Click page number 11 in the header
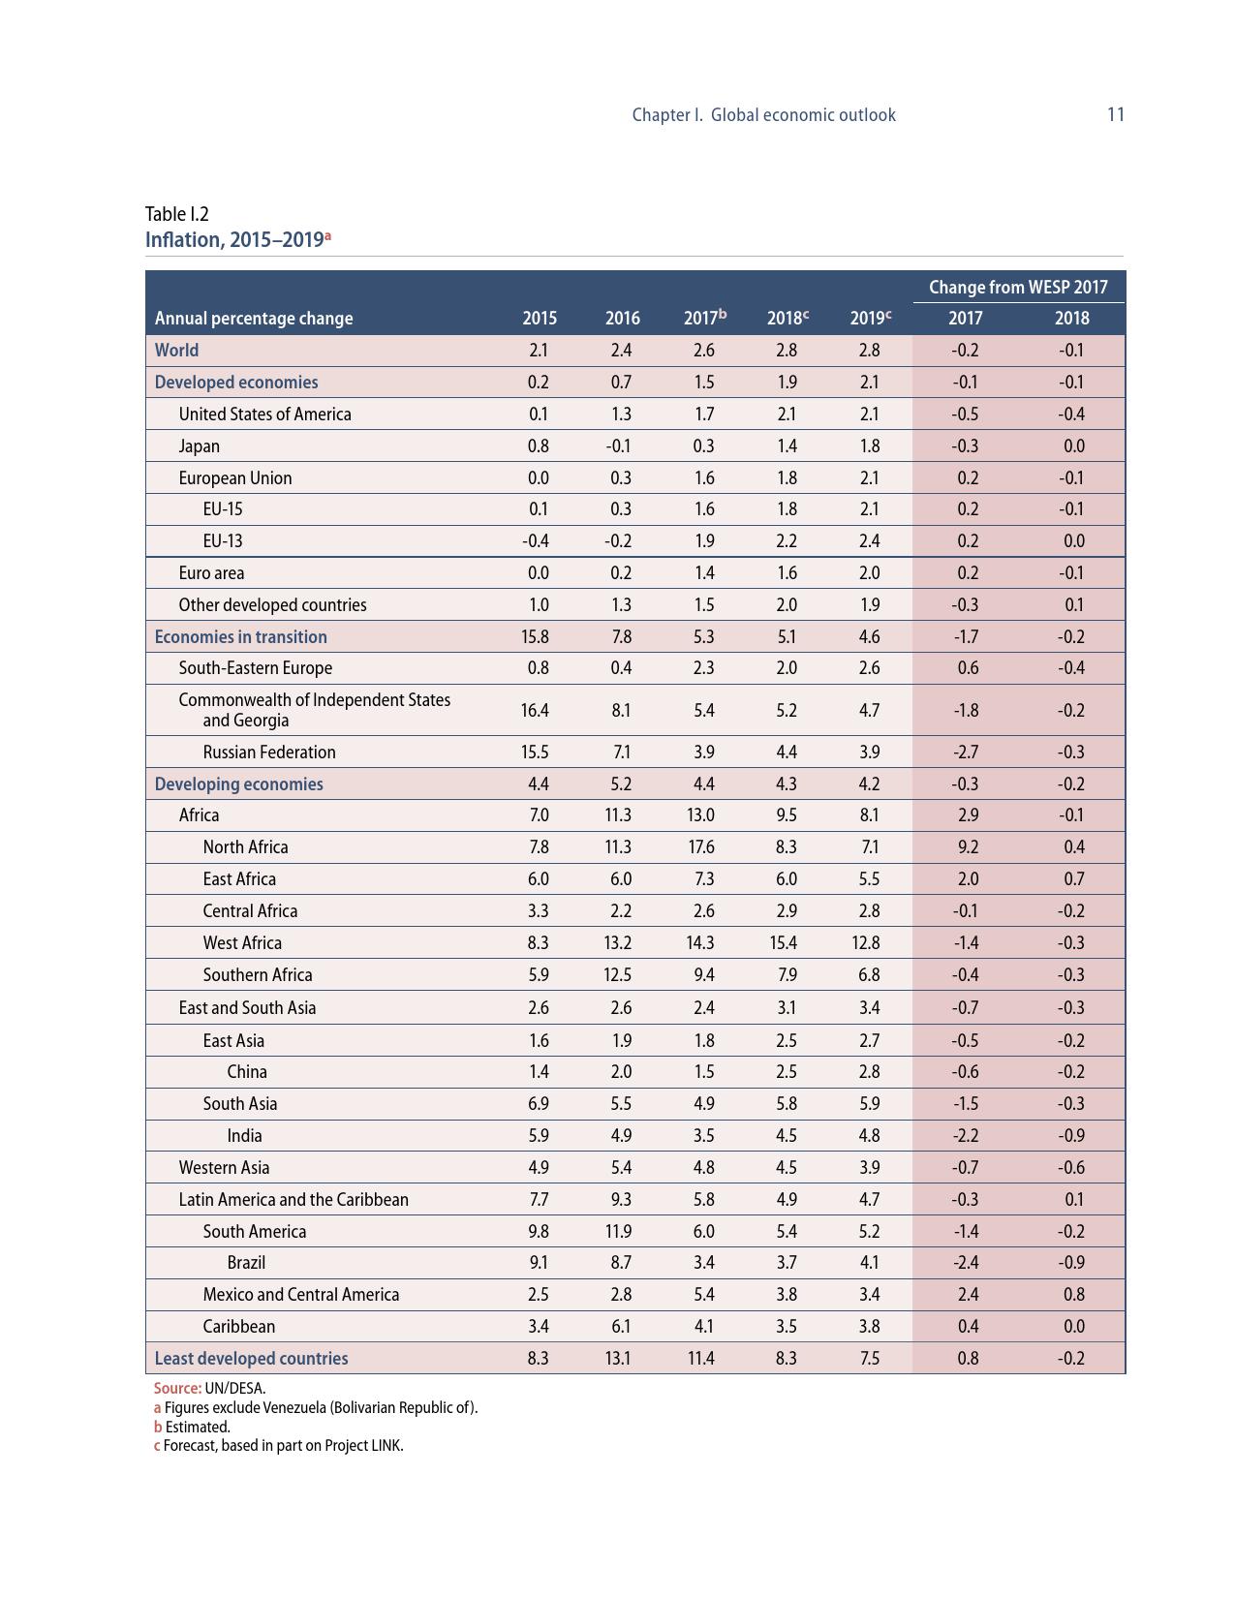(x=1115, y=114)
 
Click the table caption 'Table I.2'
(x=177, y=214)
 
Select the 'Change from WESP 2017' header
(x=1018, y=287)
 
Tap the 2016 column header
(x=622, y=318)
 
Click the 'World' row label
(x=176, y=350)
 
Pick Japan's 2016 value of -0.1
(x=618, y=446)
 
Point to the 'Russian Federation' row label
(x=269, y=752)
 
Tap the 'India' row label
(x=244, y=1135)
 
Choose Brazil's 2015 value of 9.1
(x=539, y=1262)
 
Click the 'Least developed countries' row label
(x=251, y=1358)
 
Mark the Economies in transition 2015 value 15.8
(x=535, y=636)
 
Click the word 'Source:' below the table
(x=177, y=1388)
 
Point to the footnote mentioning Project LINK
(x=278, y=1445)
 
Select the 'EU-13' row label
(x=223, y=540)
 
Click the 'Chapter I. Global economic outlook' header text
(x=763, y=114)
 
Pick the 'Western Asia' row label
(x=224, y=1167)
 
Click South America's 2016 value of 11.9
(x=618, y=1231)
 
